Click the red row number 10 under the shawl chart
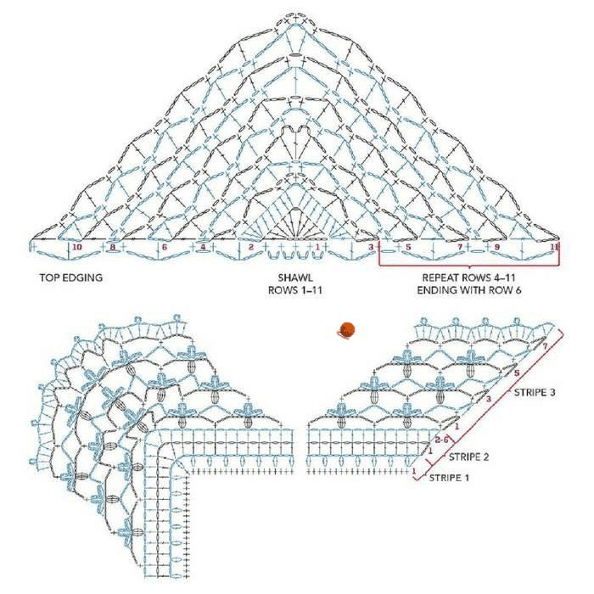pyautogui.click(x=77, y=247)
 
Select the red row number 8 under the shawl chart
pyautogui.click(x=113, y=247)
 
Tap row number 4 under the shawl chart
pyautogui.click(x=203, y=247)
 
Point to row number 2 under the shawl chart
pyautogui.click(x=251, y=247)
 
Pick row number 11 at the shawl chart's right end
pyautogui.click(x=554, y=247)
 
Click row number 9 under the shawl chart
pyautogui.click(x=497, y=247)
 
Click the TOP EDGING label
pyautogui.click(x=70, y=277)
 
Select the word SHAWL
pyautogui.click(x=295, y=277)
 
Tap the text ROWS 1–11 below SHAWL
pyautogui.click(x=295, y=290)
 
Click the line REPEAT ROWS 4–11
pyautogui.click(x=468, y=277)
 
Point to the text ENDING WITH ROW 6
pyautogui.click(x=469, y=290)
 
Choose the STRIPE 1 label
pyautogui.click(x=449, y=478)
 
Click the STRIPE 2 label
pyautogui.click(x=468, y=457)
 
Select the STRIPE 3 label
pyautogui.click(x=535, y=392)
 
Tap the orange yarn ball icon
pyautogui.click(x=346, y=330)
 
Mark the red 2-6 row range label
pyautogui.click(x=442, y=440)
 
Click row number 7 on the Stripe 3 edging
pyautogui.click(x=545, y=346)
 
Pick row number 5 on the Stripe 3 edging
pyautogui.click(x=516, y=373)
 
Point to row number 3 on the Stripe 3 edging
pyautogui.click(x=488, y=399)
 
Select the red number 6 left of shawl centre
pyautogui.click(x=164, y=247)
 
